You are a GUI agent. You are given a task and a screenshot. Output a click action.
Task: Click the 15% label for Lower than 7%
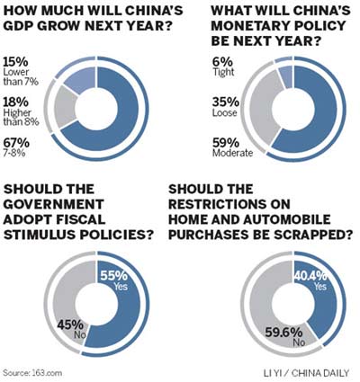(16, 61)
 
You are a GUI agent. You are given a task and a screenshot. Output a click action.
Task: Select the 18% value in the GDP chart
(16, 102)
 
